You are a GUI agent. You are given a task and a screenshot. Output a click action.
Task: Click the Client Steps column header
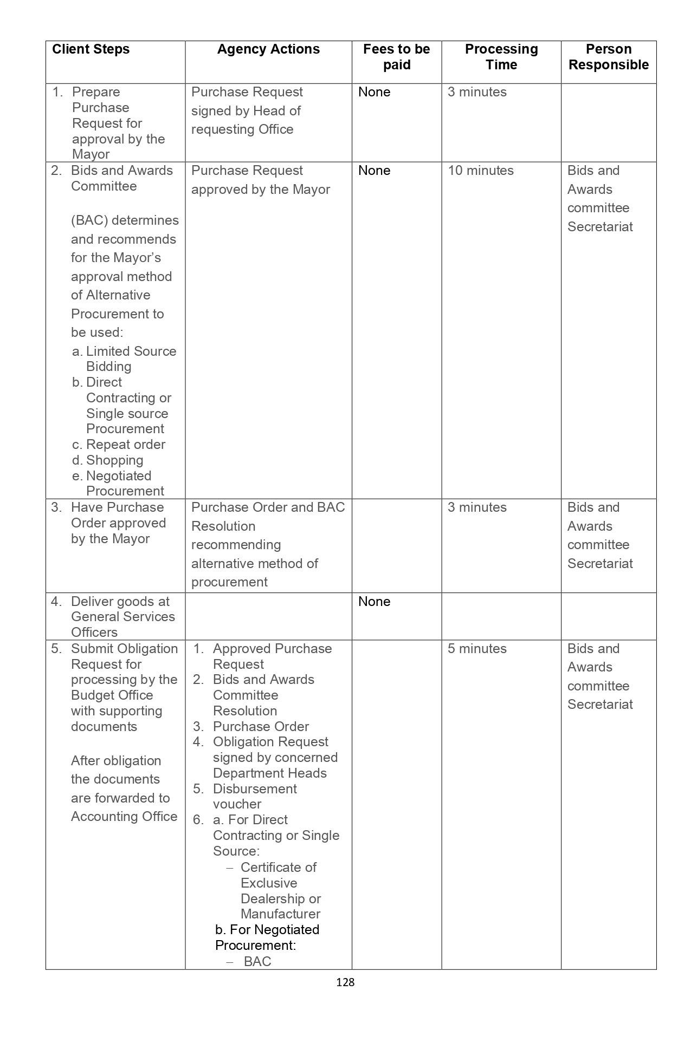coord(91,49)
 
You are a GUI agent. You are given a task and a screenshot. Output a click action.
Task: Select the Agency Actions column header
coord(268,49)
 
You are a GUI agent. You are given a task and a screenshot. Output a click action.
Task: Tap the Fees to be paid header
coord(396,57)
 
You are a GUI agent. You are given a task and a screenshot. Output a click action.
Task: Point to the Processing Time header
coord(501,57)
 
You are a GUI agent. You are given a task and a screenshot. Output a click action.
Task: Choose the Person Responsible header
coord(608,57)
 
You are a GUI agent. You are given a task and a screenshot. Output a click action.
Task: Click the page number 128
coord(345,982)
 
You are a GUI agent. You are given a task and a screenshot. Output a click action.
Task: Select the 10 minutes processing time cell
coord(480,171)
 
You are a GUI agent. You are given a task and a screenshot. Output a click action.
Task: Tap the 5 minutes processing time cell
coord(477,649)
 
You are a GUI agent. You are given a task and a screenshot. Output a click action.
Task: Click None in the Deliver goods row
coord(374,602)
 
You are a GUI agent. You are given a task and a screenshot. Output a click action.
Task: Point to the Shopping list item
coord(114,460)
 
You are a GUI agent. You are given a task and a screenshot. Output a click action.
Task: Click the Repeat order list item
coord(125,445)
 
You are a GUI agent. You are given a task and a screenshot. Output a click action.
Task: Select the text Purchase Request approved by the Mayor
coord(260,180)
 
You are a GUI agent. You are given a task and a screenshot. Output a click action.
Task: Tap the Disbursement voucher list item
coord(254,796)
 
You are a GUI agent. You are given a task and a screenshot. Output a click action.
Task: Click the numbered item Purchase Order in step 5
coord(261,727)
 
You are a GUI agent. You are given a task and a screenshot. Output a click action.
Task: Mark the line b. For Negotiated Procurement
coord(267,937)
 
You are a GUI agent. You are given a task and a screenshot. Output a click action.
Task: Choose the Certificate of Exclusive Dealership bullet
coord(280,890)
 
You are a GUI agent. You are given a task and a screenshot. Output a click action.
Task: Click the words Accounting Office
coord(124,817)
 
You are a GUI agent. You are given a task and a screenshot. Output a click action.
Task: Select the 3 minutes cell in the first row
coord(477,92)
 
